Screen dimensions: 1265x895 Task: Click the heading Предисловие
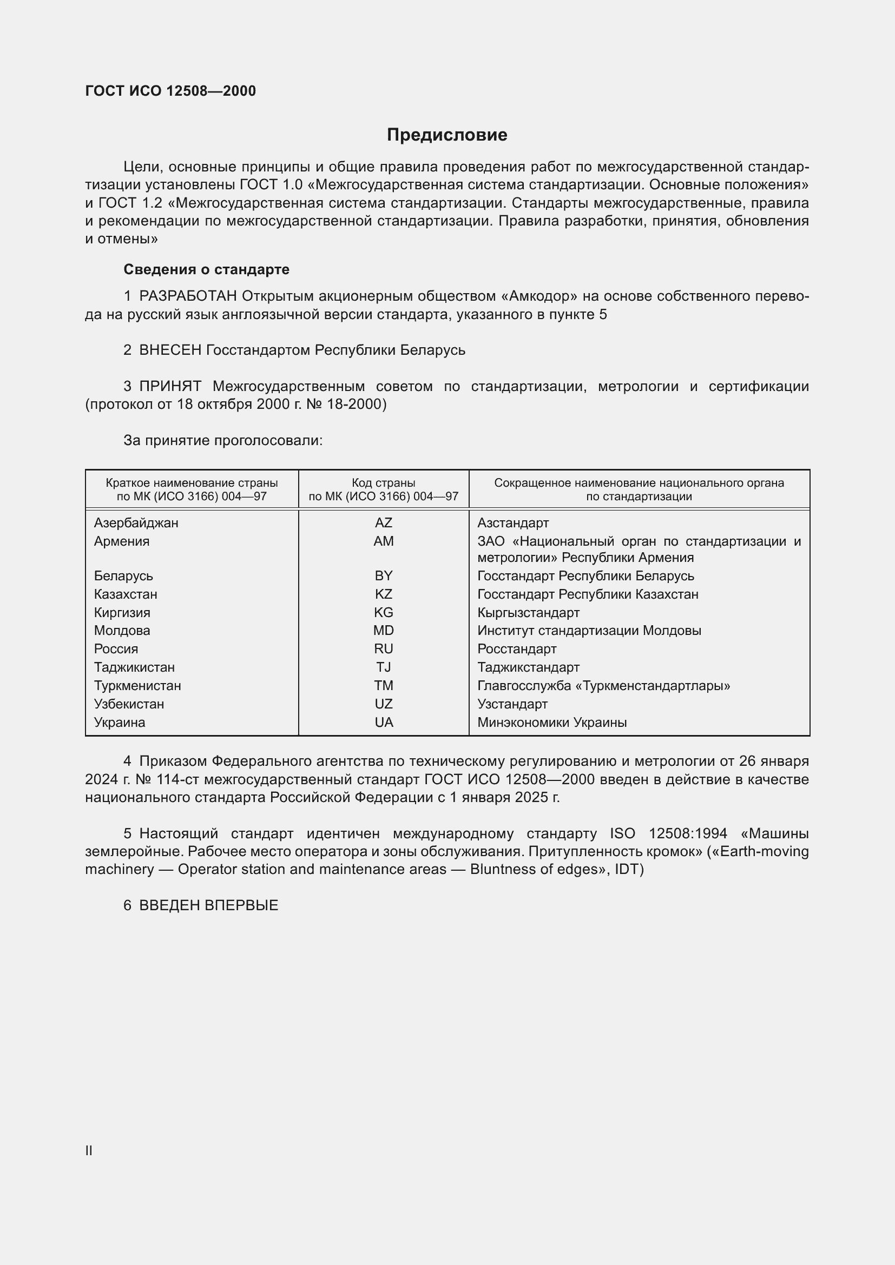click(x=447, y=135)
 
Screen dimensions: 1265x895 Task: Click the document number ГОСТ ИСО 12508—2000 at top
click(x=170, y=91)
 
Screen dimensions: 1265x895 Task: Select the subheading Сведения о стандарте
click(x=206, y=269)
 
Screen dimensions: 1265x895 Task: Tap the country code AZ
click(x=383, y=522)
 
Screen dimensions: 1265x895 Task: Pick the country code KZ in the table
click(x=383, y=594)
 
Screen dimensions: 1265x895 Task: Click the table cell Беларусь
click(x=123, y=576)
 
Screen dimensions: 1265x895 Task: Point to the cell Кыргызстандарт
click(x=528, y=612)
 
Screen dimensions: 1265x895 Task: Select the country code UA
click(x=384, y=722)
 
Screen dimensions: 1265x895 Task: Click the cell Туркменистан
click(x=137, y=685)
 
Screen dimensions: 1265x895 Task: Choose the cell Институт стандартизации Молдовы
click(x=589, y=630)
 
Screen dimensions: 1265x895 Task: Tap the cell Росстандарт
click(x=516, y=648)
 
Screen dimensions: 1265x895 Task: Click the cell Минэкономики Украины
click(x=551, y=722)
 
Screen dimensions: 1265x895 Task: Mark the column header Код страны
click(x=383, y=483)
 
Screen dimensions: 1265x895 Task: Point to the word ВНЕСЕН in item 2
click(x=170, y=350)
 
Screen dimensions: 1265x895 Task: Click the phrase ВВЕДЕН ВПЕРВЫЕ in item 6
click(x=208, y=905)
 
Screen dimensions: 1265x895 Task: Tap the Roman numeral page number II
click(x=89, y=1150)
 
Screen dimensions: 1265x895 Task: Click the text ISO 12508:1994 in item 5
click(x=668, y=833)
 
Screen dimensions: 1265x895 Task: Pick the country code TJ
click(x=383, y=667)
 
